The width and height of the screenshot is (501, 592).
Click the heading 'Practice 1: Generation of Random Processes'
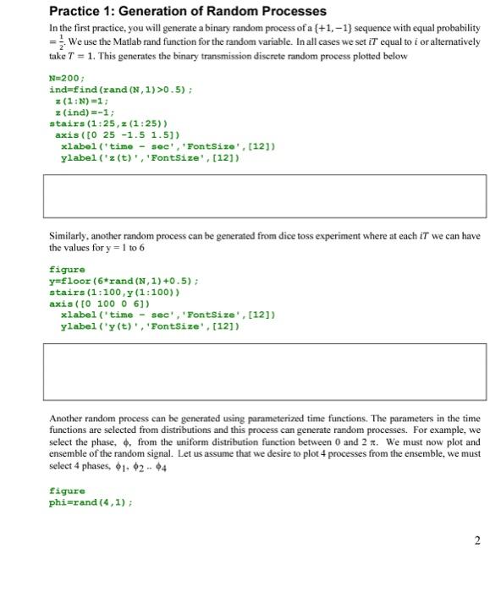click(x=187, y=12)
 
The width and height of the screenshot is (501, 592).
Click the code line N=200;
click(x=68, y=78)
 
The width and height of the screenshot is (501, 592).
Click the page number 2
click(x=477, y=540)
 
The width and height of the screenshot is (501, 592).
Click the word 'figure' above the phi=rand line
click(x=67, y=491)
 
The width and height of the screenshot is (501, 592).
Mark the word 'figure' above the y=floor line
click(x=67, y=270)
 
